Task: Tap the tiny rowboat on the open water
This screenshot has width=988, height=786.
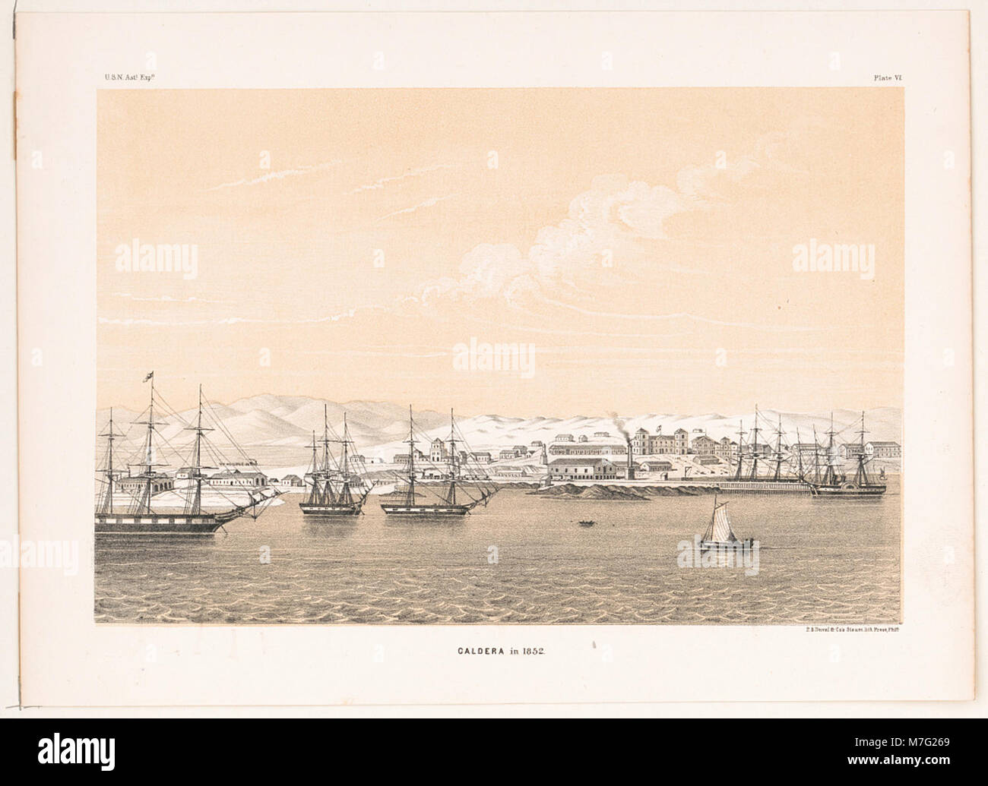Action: (585, 522)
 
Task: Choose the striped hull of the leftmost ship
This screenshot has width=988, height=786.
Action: (160, 523)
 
